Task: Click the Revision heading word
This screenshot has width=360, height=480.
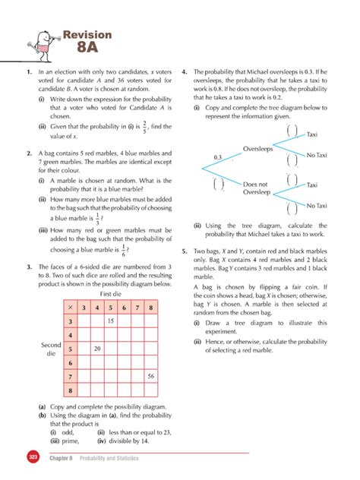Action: tap(88, 34)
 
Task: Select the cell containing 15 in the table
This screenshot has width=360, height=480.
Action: tap(110, 321)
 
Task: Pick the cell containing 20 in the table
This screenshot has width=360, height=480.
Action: tap(97, 349)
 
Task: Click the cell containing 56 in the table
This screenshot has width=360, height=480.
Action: tap(151, 377)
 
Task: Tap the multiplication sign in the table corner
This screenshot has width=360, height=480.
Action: tap(69, 308)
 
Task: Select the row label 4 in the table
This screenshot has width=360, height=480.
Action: tap(70, 335)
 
